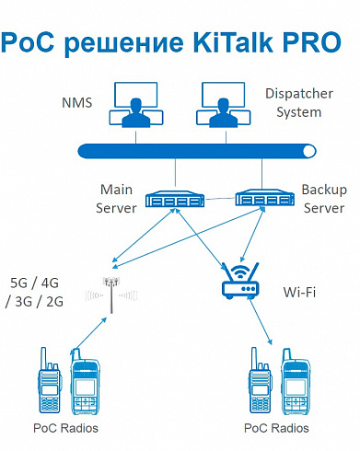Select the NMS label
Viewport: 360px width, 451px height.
point(77,103)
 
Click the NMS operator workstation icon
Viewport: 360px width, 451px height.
point(136,105)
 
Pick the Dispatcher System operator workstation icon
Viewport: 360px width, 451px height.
point(224,105)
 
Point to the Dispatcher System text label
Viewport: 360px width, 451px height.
point(299,103)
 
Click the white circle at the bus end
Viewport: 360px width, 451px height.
point(308,151)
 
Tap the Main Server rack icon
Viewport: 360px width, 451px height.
point(175,199)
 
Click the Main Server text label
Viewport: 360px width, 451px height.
point(116,199)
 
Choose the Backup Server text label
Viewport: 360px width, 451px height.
point(324,199)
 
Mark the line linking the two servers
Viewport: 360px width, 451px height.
point(220,199)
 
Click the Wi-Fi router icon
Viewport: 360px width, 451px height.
point(240,282)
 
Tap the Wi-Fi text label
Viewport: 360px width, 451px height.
point(299,292)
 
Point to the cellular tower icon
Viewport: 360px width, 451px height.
point(111,295)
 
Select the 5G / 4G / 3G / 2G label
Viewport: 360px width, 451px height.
point(34,292)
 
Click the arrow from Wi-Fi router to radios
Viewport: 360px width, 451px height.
point(261,321)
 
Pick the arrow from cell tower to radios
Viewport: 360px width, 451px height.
point(88,336)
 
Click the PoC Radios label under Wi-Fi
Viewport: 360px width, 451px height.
point(276,428)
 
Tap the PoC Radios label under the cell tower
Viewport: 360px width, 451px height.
point(65,428)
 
